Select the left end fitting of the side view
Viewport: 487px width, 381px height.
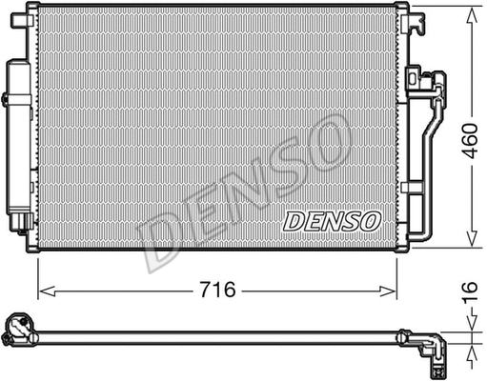[19, 331]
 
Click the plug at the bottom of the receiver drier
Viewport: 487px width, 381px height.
[19, 226]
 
